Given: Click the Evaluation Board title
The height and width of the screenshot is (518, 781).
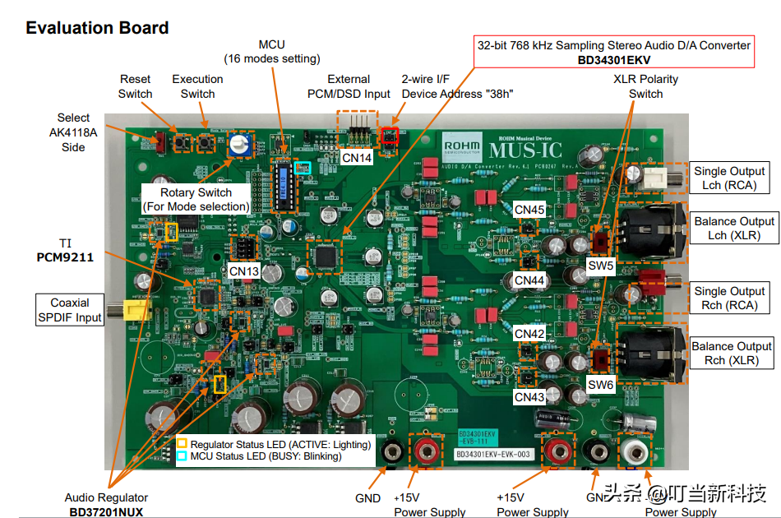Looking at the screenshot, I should click(x=97, y=28).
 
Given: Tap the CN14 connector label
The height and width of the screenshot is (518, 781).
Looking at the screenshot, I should click(x=356, y=157).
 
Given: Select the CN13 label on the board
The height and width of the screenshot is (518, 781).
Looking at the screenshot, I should click(x=243, y=271).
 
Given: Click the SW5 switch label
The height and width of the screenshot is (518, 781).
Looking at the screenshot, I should click(x=601, y=266).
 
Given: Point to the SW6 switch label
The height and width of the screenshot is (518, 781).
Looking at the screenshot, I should click(x=601, y=384).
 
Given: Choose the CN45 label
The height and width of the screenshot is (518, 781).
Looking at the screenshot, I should click(x=529, y=210).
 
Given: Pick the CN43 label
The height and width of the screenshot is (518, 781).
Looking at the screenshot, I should click(x=529, y=397).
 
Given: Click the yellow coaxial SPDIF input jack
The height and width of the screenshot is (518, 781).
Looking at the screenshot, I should click(x=131, y=310).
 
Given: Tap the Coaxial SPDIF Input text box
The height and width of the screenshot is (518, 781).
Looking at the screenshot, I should click(x=70, y=310).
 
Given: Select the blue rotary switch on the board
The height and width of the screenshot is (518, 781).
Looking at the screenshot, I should click(x=240, y=146).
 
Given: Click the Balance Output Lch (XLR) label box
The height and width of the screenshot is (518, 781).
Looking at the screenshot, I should click(x=734, y=228).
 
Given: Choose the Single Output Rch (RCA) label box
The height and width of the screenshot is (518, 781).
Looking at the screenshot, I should click(x=729, y=298).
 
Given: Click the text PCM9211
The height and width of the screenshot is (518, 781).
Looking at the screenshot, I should click(x=65, y=257).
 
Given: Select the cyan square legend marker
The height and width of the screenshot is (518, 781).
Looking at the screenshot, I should click(x=182, y=456).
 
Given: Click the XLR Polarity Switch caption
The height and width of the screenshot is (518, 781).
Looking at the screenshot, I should click(x=645, y=86).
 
